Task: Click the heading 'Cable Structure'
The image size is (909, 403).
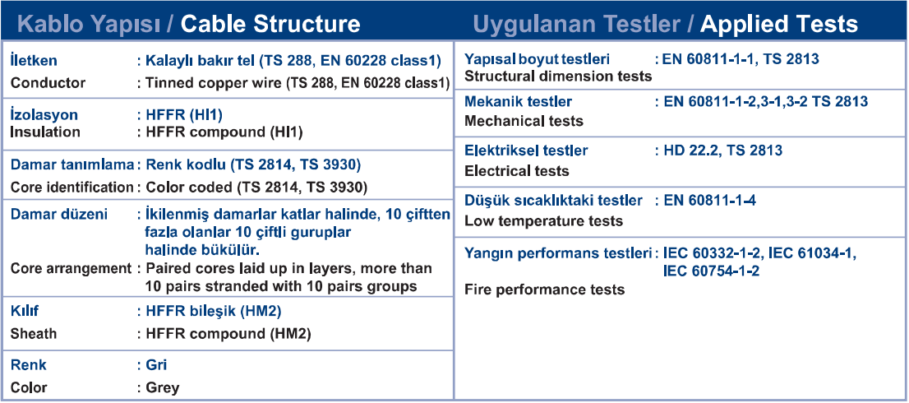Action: pos(270,24)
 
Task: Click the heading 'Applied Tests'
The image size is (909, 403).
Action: pos(778,24)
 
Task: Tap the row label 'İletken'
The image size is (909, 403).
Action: pos(35,60)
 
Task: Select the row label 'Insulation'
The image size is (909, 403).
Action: pos(46,132)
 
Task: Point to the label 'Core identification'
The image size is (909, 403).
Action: pos(72,188)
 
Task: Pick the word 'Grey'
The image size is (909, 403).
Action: pos(163,387)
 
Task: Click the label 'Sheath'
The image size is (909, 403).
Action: pos(35,333)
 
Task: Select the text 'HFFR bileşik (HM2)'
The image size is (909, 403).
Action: pos(214,312)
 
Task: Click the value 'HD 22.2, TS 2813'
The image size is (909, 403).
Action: pos(723,151)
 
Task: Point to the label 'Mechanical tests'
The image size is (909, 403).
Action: pos(524,121)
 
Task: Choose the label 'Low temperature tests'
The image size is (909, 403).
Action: pos(544,221)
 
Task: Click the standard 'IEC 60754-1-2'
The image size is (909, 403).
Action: pos(711,271)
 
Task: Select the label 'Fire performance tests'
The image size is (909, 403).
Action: pos(545,290)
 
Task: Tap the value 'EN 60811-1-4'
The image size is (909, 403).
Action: pos(709,201)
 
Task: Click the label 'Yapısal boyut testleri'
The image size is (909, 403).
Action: pos(538,59)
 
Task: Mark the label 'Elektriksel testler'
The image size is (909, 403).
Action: pos(526,151)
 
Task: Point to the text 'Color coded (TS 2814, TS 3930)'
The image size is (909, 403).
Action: pos(256,188)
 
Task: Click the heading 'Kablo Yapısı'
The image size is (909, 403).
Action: pos(91,25)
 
